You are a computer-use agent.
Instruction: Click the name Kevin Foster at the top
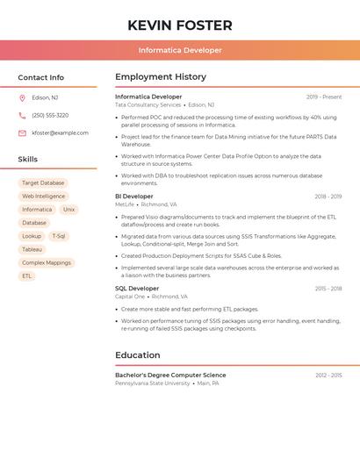pyautogui.click(x=180, y=25)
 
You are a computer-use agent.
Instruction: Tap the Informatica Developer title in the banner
pyautogui.click(x=180, y=51)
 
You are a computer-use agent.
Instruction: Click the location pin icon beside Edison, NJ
pyautogui.click(x=22, y=98)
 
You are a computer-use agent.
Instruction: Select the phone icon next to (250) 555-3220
pyautogui.click(x=22, y=116)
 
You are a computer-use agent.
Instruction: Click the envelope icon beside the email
pyautogui.click(x=22, y=133)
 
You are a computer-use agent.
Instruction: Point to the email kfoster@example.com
pyautogui.click(x=60, y=133)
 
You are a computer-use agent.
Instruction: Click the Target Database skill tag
pyautogui.click(x=43, y=182)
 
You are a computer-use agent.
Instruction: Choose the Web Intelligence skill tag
pyautogui.click(x=44, y=197)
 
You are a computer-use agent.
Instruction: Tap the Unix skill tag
pyautogui.click(x=68, y=210)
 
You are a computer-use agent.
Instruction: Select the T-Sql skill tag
pyautogui.click(x=59, y=236)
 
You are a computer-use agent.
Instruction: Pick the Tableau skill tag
pyautogui.click(x=32, y=249)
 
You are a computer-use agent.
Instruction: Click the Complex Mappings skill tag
pyautogui.click(x=47, y=262)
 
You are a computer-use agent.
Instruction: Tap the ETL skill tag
pyautogui.click(x=27, y=275)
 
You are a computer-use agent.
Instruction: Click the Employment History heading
pyautogui.click(x=161, y=77)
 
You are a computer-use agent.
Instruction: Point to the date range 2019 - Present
pyautogui.click(x=324, y=97)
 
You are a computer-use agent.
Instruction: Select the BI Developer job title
pyautogui.click(x=134, y=197)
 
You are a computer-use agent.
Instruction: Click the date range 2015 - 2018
pyautogui.click(x=328, y=289)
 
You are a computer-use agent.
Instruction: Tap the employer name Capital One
pyautogui.click(x=130, y=297)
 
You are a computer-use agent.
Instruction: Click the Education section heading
pyautogui.click(x=138, y=355)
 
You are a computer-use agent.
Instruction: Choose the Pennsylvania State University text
pyautogui.click(x=153, y=383)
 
